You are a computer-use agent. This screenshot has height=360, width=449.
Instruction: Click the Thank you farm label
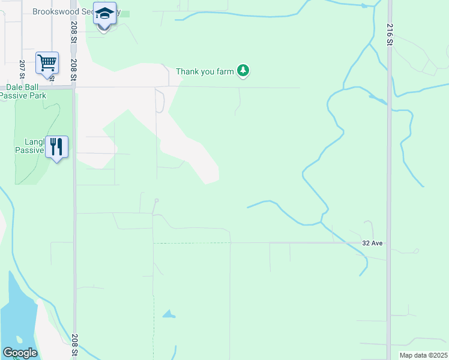204,72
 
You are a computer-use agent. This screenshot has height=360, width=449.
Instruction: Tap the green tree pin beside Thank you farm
243,71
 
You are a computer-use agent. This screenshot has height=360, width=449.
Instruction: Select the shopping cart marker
47,62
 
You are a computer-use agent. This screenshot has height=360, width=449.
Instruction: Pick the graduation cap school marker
104,14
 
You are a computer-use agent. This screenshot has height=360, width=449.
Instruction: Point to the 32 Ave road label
372,243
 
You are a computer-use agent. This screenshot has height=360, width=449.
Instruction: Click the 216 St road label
390,34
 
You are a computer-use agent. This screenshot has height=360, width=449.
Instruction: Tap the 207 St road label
22,70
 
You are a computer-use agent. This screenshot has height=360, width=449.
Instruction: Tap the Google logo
20,353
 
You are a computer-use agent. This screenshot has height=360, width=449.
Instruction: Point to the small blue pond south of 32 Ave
169,314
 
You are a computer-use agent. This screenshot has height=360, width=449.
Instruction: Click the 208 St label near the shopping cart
74,70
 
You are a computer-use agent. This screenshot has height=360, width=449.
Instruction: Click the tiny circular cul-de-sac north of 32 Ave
156,200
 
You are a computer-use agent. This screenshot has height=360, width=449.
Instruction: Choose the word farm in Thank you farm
224,72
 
